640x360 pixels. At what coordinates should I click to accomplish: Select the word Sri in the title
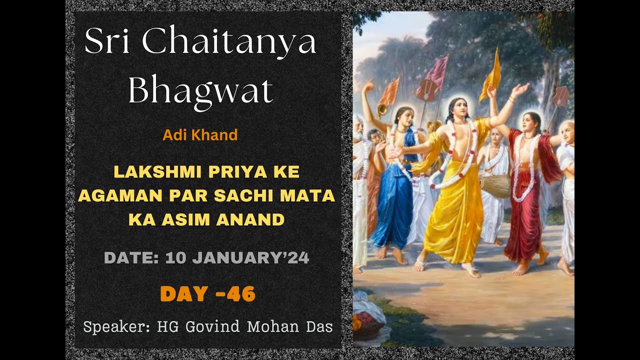click(x=108, y=42)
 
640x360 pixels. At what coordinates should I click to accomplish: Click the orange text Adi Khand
click(x=200, y=134)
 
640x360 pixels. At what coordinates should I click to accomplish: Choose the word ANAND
click(x=256, y=219)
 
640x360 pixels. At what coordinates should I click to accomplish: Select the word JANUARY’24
click(x=250, y=258)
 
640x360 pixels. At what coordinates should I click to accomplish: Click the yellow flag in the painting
click(x=491, y=75)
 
